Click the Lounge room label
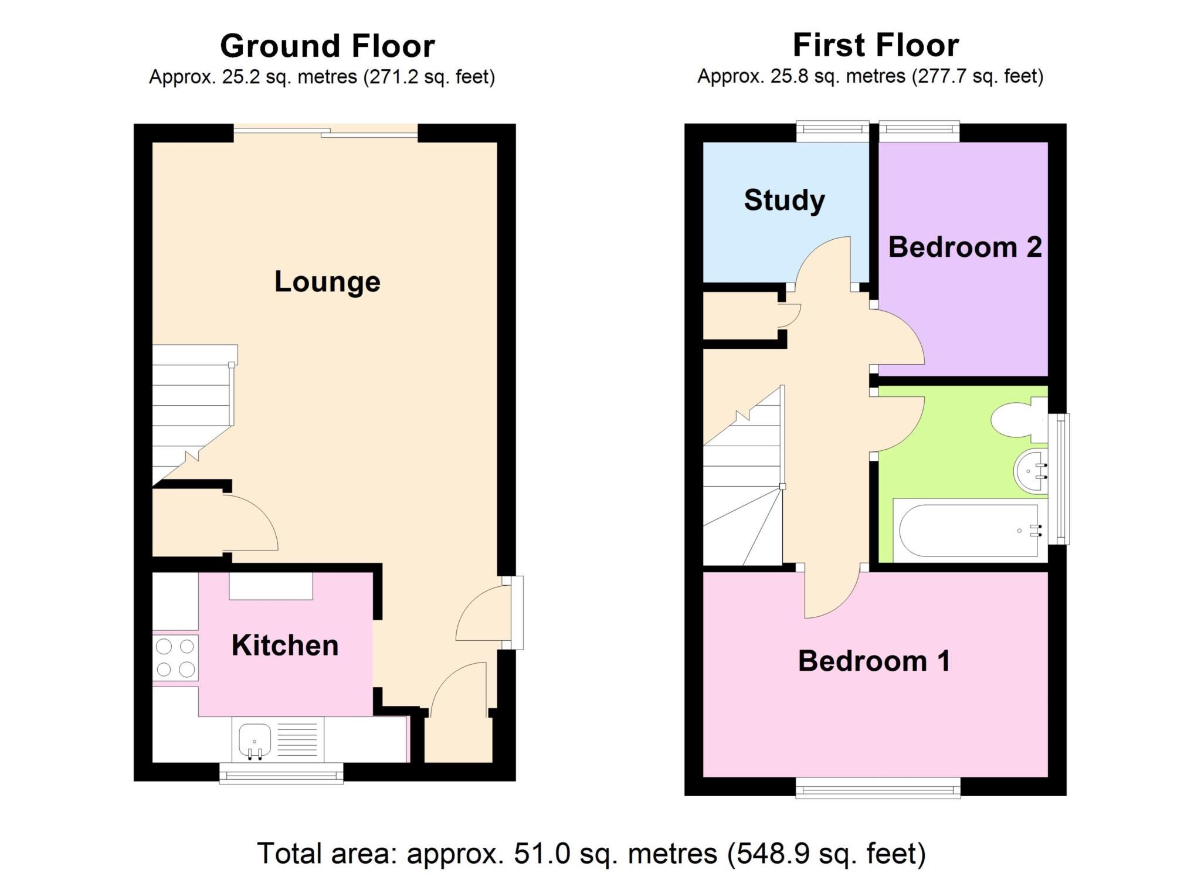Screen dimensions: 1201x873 click(327, 281)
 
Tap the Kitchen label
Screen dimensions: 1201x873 click(285, 645)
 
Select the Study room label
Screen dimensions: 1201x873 click(785, 201)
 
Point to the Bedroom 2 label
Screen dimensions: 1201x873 click(965, 247)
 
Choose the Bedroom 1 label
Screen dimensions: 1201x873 click(874, 661)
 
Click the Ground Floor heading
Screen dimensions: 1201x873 click(327, 46)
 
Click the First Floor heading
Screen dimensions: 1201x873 click(876, 45)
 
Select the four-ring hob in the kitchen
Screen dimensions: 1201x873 click(175, 658)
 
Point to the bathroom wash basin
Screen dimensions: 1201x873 click(1030, 471)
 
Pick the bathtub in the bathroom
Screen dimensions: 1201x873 click(970, 531)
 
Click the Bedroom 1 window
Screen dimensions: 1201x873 click(878, 789)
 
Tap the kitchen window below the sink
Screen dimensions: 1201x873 click(281, 773)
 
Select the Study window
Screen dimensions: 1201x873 click(833, 131)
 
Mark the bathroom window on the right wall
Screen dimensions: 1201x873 click(1058, 479)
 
